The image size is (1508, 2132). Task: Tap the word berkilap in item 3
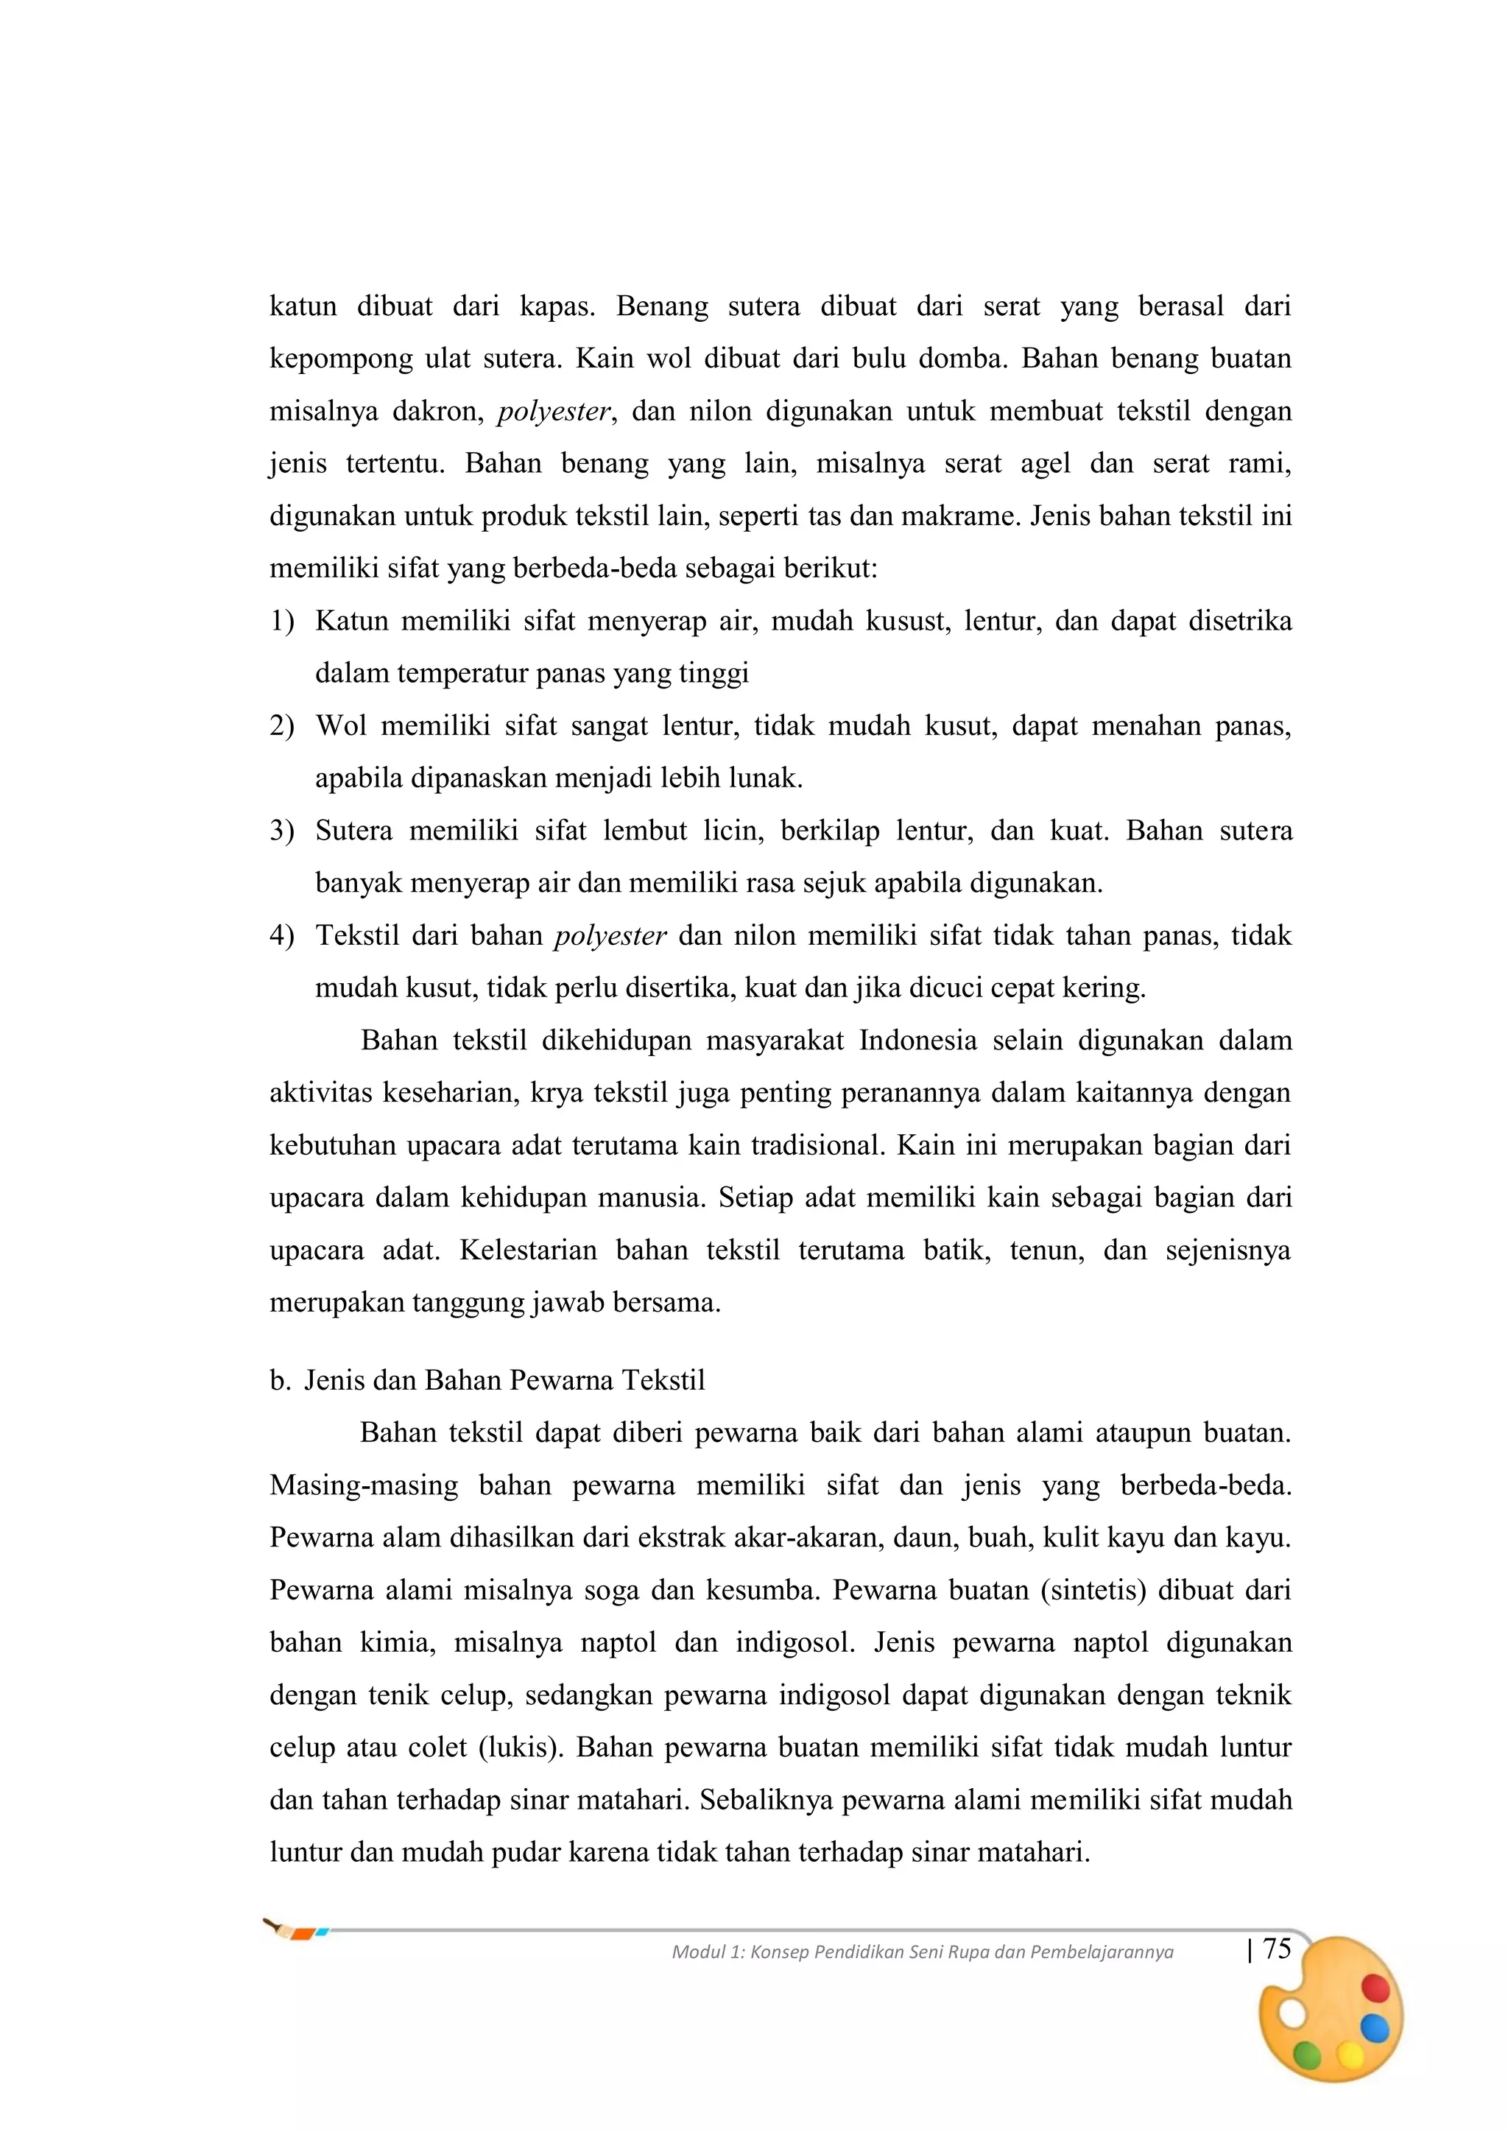click(829, 830)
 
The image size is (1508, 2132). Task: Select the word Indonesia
click(917, 1040)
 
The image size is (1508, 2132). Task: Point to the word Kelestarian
click(526, 1250)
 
